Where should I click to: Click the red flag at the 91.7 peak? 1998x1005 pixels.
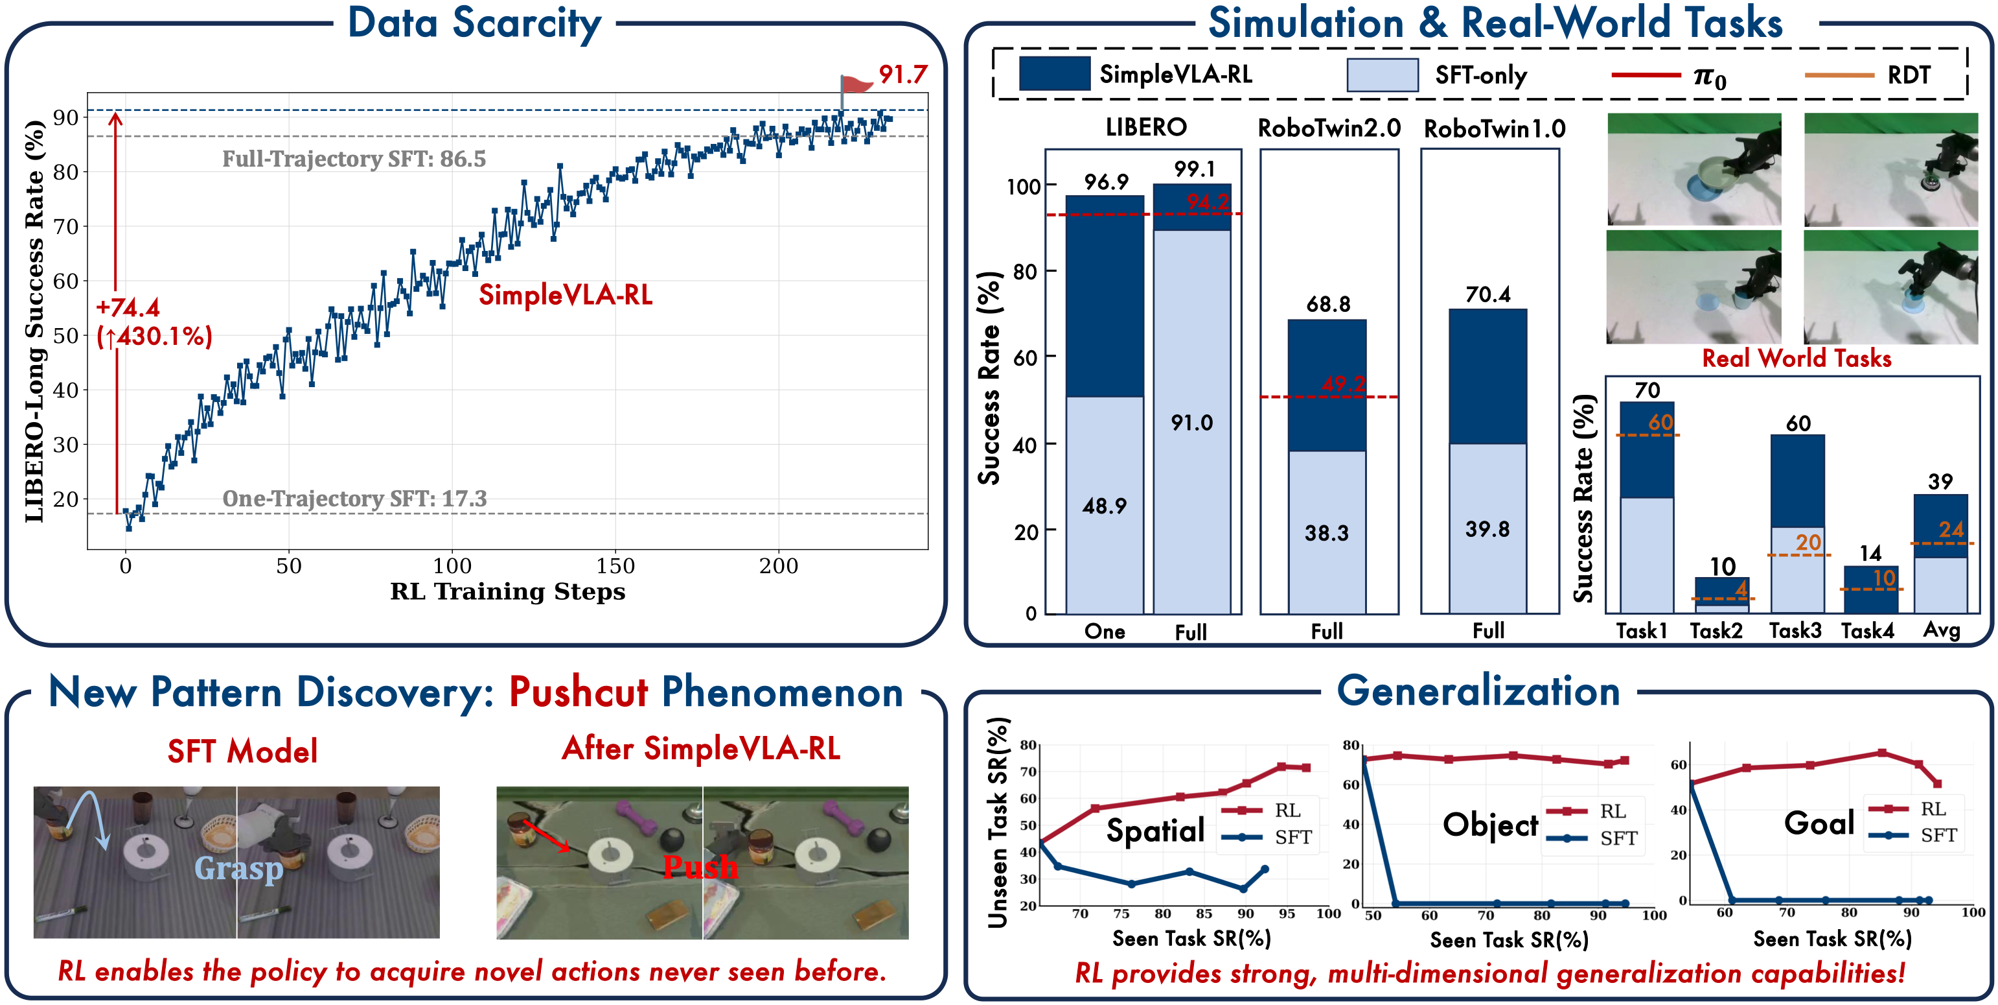point(856,84)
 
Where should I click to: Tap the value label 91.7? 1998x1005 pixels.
point(903,75)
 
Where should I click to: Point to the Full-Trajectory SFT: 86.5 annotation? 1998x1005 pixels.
point(354,159)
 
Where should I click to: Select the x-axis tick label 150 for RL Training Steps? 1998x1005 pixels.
point(615,566)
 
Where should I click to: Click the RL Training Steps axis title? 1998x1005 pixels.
point(507,591)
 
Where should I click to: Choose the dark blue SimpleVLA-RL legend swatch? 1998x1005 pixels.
point(1054,74)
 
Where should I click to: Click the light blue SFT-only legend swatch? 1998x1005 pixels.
point(1382,75)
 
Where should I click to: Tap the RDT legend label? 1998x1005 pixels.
point(1909,75)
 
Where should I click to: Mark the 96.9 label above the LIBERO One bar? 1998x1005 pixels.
point(1106,182)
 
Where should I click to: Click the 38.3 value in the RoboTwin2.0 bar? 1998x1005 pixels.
point(1326,533)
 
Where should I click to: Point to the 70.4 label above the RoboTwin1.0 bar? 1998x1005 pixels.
point(1487,294)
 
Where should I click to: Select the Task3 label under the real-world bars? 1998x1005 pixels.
point(1795,630)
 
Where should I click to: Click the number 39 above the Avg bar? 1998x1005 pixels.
point(1940,481)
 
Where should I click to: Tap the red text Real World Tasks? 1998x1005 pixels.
point(1797,358)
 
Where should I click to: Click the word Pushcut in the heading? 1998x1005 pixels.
point(578,692)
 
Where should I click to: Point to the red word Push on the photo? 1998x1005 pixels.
point(700,867)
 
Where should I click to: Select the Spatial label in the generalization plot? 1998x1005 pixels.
point(1155,831)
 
